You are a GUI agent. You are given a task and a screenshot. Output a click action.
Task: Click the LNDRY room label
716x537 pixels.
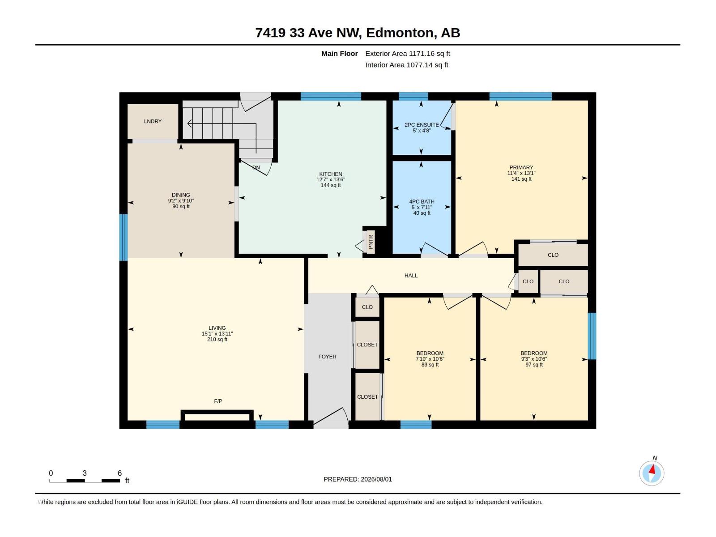point(153,121)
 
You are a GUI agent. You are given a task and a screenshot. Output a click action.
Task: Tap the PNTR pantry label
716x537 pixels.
point(371,242)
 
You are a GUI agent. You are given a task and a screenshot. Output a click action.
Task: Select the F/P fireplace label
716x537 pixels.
point(218,401)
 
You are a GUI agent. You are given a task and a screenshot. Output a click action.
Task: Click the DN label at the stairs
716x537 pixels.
point(256,167)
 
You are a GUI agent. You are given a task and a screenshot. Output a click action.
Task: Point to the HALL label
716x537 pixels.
point(411,276)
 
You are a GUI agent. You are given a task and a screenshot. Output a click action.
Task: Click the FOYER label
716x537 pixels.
point(327,357)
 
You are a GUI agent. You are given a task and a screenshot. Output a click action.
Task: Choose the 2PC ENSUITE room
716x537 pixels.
point(422,128)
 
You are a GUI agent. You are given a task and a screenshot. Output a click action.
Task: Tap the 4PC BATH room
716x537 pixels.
point(422,207)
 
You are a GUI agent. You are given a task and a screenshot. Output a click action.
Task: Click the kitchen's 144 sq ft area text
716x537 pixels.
point(330,185)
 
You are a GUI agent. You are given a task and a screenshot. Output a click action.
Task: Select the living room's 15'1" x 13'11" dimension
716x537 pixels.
point(217,333)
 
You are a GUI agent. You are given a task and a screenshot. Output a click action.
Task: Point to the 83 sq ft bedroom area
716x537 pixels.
point(430,365)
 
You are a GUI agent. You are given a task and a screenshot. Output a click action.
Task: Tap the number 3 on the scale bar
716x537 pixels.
point(85,473)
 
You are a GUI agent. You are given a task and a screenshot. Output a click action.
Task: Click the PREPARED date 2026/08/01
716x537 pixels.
point(376,479)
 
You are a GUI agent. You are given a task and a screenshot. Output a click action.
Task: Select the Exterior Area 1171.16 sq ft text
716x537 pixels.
point(407,53)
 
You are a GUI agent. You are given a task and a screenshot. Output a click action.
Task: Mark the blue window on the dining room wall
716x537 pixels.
point(124,237)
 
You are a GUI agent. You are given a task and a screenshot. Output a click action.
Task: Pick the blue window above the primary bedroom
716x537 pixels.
point(520,96)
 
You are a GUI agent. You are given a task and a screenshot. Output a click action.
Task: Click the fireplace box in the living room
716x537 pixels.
point(217,416)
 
